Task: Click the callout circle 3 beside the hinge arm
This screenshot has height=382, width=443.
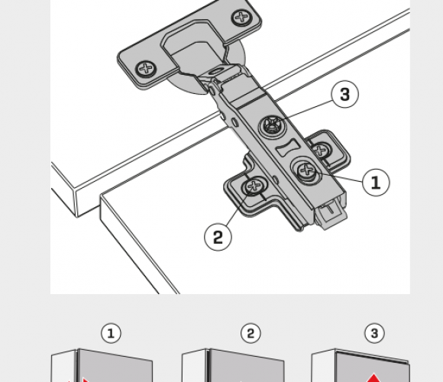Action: (x=344, y=94)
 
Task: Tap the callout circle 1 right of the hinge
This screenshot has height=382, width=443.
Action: (x=376, y=183)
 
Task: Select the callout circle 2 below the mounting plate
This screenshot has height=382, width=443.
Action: (x=218, y=237)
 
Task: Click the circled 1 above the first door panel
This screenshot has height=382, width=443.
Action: (x=111, y=333)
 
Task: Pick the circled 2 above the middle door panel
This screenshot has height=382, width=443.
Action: (x=251, y=333)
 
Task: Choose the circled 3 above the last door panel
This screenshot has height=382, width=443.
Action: (x=374, y=333)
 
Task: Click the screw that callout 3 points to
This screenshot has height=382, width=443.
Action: (x=271, y=125)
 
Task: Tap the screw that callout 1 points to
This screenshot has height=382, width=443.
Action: (x=306, y=170)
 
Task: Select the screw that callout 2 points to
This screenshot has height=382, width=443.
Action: (x=254, y=186)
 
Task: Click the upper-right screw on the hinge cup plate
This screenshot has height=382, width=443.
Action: (x=242, y=18)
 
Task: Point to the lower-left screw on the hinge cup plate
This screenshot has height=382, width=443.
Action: (x=146, y=68)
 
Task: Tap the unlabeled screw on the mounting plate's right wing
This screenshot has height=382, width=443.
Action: (x=321, y=150)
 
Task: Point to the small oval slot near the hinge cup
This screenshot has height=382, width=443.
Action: (x=217, y=71)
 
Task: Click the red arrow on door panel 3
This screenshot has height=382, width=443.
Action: (x=374, y=378)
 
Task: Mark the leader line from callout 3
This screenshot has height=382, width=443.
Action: (x=305, y=112)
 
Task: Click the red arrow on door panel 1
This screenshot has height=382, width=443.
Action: (x=85, y=380)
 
